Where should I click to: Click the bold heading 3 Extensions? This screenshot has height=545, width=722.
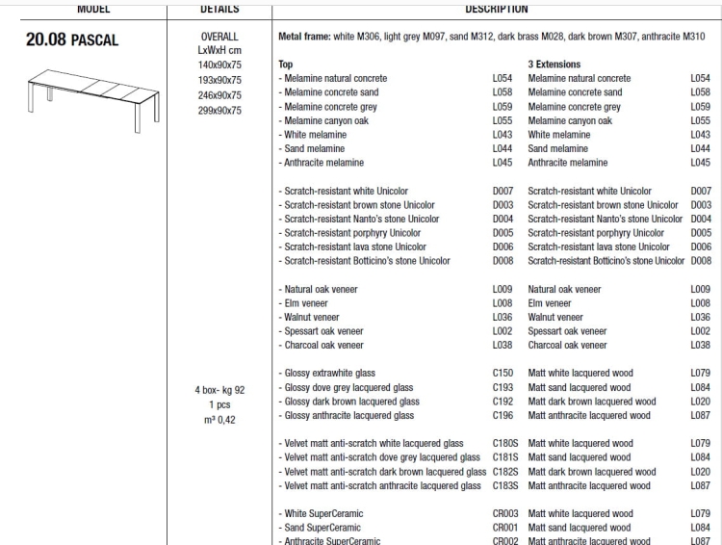[x=556, y=63]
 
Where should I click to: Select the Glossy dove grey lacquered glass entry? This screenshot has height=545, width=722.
[x=345, y=387]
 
